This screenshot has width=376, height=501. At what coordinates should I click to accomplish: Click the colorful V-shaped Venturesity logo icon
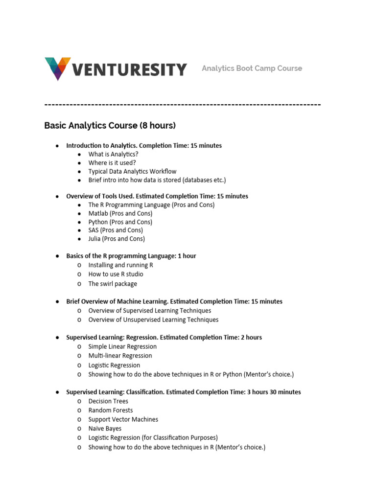(57, 68)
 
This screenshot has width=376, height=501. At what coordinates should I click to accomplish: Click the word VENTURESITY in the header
(130, 69)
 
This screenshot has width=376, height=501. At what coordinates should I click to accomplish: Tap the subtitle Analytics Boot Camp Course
(252, 68)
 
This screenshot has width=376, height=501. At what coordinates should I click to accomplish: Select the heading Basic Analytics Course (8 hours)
(110, 126)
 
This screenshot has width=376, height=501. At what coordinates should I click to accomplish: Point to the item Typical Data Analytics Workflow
(132, 171)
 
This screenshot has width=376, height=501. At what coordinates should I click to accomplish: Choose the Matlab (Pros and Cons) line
(120, 213)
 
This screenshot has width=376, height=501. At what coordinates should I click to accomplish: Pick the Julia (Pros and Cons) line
(117, 239)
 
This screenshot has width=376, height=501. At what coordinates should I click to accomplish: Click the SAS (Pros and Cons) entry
(116, 230)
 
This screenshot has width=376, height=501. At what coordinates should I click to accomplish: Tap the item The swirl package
(113, 284)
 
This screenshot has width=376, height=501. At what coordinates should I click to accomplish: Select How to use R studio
(116, 274)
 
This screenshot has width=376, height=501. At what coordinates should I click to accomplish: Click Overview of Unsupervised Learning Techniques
(153, 319)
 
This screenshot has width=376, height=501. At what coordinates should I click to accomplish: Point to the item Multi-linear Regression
(120, 356)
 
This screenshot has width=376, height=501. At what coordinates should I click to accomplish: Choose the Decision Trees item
(108, 401)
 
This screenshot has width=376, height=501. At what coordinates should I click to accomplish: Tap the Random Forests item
(110, 410)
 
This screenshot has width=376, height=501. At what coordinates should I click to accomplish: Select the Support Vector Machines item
(123, 419)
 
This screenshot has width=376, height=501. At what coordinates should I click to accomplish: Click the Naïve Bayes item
(105, 429)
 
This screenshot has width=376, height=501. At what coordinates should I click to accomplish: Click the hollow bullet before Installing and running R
(79, 265)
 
